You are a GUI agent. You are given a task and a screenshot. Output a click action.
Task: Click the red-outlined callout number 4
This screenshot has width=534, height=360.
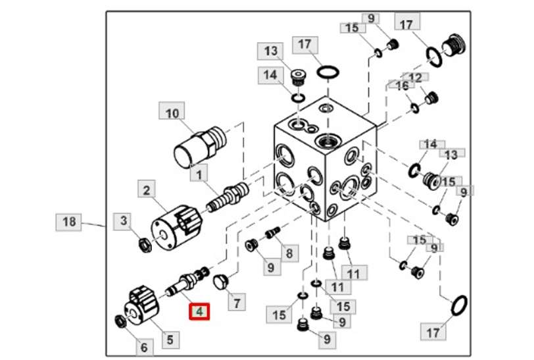[x=199, y=311]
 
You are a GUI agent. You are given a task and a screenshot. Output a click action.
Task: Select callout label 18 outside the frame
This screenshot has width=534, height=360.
[x=69, y=222]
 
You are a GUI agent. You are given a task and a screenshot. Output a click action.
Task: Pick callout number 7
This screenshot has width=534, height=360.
[x=236, y=302]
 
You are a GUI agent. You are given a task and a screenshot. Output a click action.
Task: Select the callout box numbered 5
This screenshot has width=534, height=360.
[x=169, y=340]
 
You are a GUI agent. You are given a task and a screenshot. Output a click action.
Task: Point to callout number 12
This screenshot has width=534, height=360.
[x=415, y=78]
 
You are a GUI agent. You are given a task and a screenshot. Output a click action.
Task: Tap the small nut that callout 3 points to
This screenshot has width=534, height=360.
[x=140, y=245]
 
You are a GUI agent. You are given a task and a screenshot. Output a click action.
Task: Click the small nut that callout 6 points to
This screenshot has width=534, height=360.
[x=120, y=321]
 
